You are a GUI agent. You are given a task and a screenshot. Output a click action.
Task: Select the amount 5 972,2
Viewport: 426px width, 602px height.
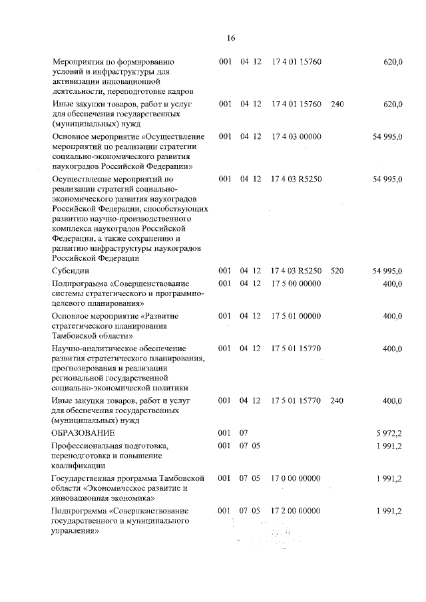[x=389, y=433]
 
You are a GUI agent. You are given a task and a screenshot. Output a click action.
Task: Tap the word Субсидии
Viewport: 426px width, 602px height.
[x=71, y=271]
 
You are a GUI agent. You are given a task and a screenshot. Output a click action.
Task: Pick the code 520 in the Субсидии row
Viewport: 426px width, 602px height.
[x=337, y=271]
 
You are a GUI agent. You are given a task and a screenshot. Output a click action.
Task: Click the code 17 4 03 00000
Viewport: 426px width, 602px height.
[x=296, y=136]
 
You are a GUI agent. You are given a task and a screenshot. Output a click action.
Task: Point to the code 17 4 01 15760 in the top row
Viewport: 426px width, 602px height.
[x=296, y=62]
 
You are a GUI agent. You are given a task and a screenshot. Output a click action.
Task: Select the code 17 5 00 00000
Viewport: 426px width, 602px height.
[x=296, y=284]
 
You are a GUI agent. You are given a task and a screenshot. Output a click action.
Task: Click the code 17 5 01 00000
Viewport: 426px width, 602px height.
[x=296, y=316]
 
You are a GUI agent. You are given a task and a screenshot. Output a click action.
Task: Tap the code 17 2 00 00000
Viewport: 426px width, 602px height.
[x=296, y=510]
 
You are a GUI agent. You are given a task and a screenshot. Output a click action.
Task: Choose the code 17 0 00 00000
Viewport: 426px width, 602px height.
[x=296, y=478]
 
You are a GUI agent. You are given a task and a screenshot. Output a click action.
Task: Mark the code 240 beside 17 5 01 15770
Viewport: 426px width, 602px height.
[x=337, y=401]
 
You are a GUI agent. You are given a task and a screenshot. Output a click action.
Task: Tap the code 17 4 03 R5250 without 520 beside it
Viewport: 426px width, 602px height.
[x=297, y=179]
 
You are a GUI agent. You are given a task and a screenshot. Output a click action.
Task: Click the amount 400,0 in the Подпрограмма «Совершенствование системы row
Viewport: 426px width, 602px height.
[x=392, y=284]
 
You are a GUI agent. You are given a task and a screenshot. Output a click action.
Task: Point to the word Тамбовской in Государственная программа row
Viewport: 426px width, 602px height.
[x=188, y=478]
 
